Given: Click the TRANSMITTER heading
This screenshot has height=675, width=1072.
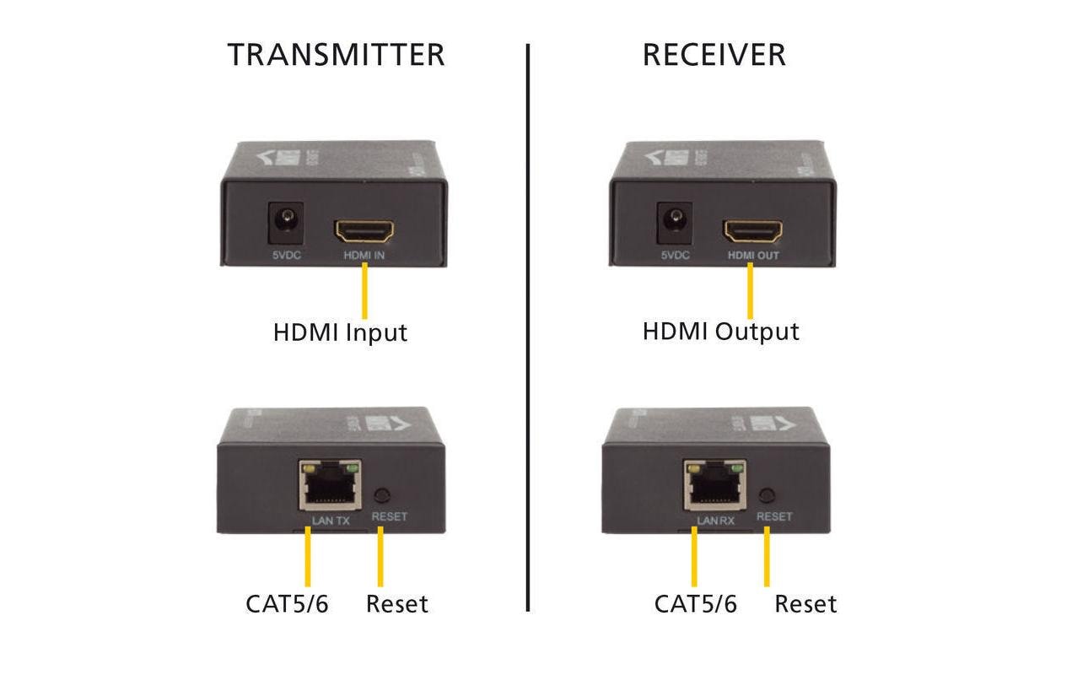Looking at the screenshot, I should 336,55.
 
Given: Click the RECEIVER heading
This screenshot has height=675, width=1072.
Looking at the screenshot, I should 714,55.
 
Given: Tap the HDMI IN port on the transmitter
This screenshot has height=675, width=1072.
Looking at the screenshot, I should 365,229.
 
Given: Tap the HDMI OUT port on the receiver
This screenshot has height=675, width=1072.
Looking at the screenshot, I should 752,229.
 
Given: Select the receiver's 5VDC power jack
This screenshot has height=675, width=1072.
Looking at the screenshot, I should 674,223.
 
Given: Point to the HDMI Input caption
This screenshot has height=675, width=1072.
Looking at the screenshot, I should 340,332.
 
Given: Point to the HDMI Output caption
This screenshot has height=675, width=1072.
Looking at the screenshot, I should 720,332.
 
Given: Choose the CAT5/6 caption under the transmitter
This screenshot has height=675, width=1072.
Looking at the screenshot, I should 287,604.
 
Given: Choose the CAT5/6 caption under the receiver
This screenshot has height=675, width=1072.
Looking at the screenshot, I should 696,604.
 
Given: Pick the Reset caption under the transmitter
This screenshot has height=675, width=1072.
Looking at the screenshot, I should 396,604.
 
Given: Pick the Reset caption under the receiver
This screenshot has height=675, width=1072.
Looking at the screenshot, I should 805,604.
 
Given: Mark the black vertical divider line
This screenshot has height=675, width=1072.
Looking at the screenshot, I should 528,329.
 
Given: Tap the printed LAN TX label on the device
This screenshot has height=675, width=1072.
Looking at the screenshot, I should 331,521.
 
